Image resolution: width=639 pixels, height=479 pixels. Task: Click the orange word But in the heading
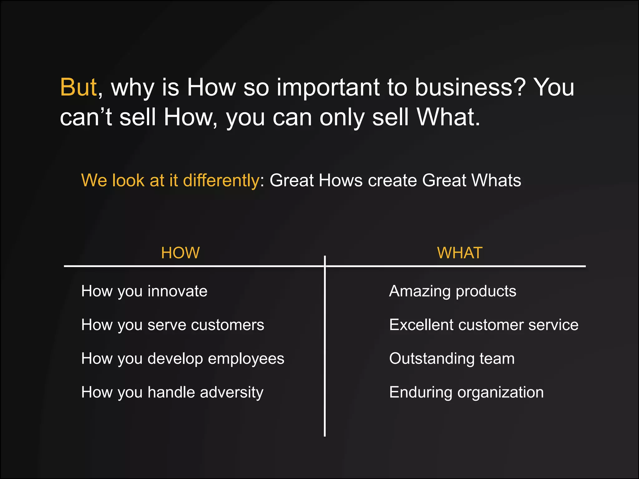pos(78,87)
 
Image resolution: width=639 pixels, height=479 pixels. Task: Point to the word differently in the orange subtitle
pos(221,181)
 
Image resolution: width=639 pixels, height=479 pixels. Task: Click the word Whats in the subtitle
pos(496,180)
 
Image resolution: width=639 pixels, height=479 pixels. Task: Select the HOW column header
pos(180,253)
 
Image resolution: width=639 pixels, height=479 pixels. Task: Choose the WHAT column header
pos(460,253)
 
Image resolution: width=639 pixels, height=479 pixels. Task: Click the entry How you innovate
pos(144,291)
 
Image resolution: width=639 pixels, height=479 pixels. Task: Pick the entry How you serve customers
pos(173,325)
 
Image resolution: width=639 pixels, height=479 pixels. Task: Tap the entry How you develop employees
pos(183,359)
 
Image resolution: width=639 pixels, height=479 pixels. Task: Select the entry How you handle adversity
pos(172,392)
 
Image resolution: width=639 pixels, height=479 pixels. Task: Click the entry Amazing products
pos(452,291)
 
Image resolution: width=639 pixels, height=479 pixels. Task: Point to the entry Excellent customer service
pos(484,325)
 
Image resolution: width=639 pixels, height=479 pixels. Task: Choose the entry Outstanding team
pos(452,359)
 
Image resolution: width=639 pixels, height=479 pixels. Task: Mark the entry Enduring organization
pos(466,392)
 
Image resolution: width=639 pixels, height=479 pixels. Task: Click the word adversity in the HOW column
pos(232,392)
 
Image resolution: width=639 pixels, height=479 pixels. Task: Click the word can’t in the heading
pos(86,117)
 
